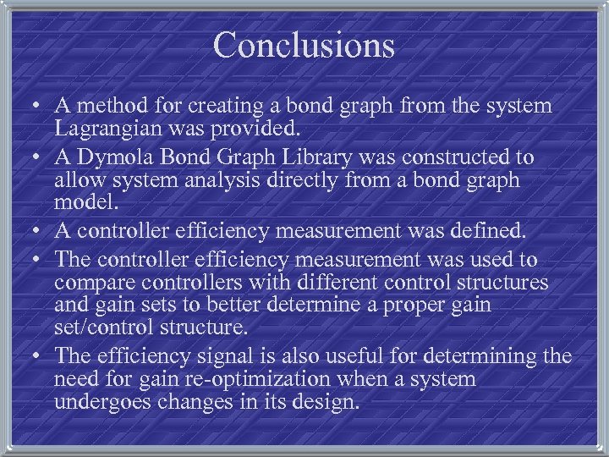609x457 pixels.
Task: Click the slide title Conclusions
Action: pos(304,44)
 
